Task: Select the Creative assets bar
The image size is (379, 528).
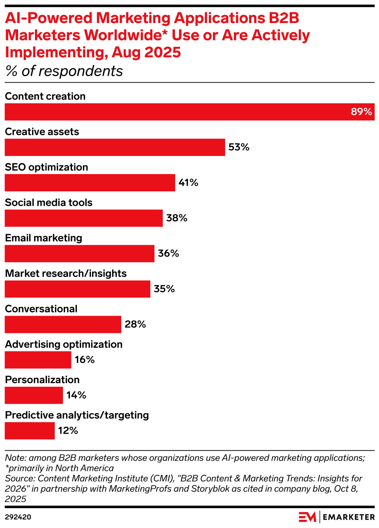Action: [115, 147]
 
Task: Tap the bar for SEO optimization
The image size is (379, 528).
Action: [90, 183]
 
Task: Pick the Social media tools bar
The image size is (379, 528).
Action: [83, 218]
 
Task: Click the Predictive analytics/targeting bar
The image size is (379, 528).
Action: [30, 430]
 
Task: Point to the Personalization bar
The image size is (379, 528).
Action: [34, 395]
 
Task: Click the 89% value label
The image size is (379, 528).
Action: [361, 112]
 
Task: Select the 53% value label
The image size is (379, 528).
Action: [239, 147]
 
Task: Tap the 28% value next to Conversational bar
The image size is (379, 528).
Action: [135, 324]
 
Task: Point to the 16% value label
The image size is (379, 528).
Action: [85, 360]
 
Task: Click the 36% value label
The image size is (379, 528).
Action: [169, 254]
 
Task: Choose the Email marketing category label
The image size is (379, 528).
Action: [44, 238]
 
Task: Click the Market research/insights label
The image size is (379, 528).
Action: [66, 273]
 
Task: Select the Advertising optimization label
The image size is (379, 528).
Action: [64, 344]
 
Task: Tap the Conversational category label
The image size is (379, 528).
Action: [41, 309]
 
